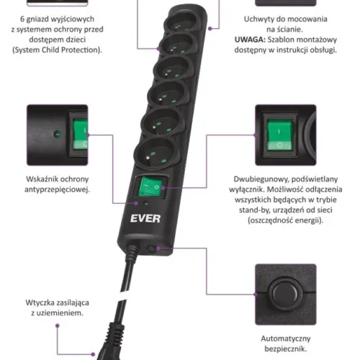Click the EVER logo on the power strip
click(145, 218)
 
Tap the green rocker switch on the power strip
click(151, 186)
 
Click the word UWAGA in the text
click(250, 40)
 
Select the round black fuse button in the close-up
click(285, 293)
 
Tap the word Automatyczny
click(286, 338)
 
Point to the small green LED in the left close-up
click(57, 134)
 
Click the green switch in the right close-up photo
click(279, 135)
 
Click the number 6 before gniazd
click(22, 19)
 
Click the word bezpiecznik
click(286, 348)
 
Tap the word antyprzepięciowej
click(57, 189)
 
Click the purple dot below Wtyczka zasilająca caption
click(58, 325)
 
